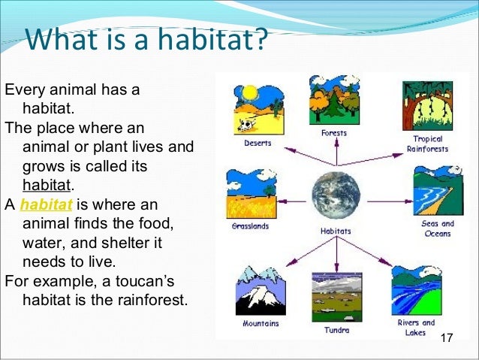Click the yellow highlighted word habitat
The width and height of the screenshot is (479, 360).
46,204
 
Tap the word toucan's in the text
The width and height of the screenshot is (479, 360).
145,281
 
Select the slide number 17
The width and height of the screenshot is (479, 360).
446,337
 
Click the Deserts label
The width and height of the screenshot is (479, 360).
258,143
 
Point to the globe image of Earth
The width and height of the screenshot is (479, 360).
336,195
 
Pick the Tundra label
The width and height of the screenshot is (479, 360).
336,330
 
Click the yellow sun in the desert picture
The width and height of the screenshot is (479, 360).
249,93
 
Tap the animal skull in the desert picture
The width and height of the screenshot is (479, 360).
246,125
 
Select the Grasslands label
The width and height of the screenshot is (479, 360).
250,226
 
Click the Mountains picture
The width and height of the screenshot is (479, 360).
261,291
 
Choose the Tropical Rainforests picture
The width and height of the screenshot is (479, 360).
427,106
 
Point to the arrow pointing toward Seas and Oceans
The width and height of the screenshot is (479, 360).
390,201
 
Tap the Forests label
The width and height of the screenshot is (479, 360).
334,133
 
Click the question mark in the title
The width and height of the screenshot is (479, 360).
261,39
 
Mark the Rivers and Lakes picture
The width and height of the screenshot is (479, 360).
417,291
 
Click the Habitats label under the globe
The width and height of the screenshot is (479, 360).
336,231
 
